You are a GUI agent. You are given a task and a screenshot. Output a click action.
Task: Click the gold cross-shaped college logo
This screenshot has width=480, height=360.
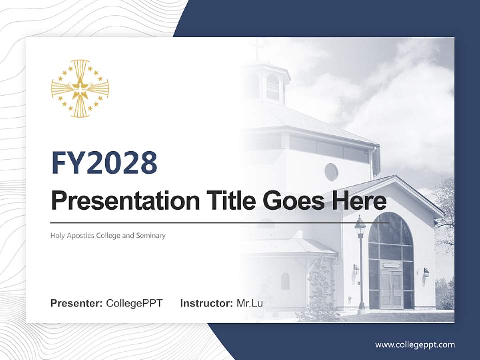pos(80,89)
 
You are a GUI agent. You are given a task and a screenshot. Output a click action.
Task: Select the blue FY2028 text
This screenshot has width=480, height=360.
pos(104,163)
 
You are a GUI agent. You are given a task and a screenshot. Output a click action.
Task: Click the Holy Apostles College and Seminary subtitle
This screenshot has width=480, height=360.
pos(108,235)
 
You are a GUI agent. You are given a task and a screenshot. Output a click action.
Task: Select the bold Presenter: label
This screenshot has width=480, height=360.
pos(77,303)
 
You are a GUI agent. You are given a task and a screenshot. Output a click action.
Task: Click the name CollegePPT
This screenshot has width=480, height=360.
pos(134,303)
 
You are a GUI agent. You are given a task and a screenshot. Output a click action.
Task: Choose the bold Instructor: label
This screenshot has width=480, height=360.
pos(206,303)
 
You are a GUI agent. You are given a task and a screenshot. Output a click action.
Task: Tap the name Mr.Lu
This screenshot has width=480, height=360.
pos(249,303)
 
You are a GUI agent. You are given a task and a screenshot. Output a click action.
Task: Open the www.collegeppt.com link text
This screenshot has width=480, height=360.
pos(415,344)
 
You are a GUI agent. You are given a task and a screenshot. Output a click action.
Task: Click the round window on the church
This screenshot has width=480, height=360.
pos(331,172)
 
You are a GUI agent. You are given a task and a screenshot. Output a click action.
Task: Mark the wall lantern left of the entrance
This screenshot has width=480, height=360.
pos(356,270)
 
